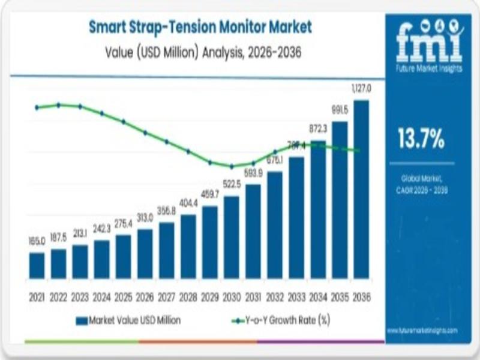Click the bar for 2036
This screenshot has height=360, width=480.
pos(361,189)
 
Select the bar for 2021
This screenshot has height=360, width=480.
pos(37,265)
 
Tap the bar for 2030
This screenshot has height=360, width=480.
pos(232,237)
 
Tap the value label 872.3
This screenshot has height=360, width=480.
pos(318,128)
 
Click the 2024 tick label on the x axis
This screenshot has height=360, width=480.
pos(102,297)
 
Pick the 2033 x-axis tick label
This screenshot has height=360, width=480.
pos(296,297)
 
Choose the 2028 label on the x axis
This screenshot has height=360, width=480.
pos(188,297)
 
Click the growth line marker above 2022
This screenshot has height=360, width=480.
pos(58,105)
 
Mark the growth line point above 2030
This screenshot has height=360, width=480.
pos(232,166)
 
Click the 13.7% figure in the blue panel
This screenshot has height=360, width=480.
pos(421,139)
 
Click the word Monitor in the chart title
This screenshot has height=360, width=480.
pos(226,28)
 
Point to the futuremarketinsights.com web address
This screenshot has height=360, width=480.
pos(422,331)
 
